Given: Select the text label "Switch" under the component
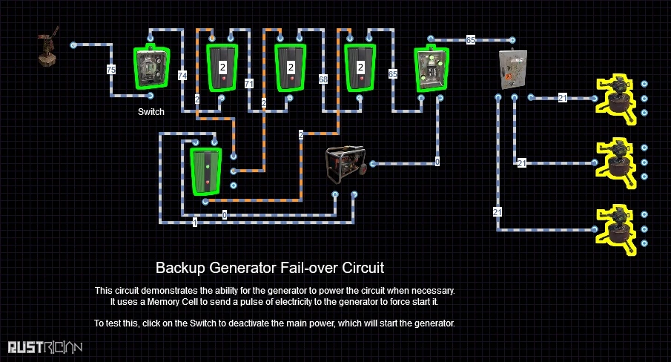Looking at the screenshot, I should click(x=151, y=112).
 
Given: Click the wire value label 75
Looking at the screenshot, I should click(x=111, y=70).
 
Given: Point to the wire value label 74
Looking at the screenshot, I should click(x=182, y=74).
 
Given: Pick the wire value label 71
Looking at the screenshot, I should click(x=249, y=82).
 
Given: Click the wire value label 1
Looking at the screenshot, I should click(x=195, y=222).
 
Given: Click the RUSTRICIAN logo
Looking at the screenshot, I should click(x=45, y=346).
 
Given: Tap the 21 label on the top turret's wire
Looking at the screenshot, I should click(x=563, y=98).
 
